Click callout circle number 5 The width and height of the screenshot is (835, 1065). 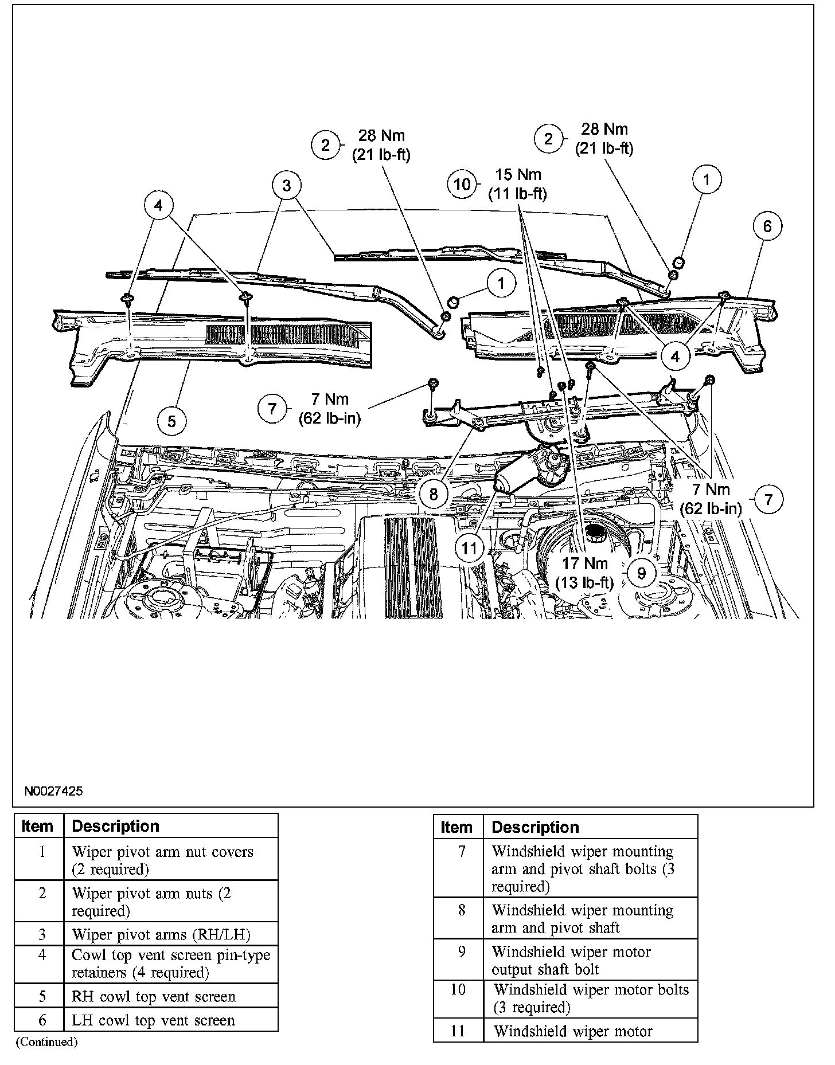click(x=171, y=421)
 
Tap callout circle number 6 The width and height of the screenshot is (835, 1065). click(x=767, y=226)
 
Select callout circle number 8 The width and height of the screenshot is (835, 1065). click(x=434, y=493)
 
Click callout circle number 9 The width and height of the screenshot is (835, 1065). click(x=642, y=573)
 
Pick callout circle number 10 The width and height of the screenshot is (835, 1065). click(x=462, y=184)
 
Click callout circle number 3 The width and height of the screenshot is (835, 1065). click(x=287, y=185)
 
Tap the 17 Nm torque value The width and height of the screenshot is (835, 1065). click(x=584, y=564)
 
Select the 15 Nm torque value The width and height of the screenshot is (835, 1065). click(x=518, y=175)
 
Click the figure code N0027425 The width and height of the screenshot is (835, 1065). click(x=53, y=791)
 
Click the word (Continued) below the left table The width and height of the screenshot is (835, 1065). click(x=46, y=1041)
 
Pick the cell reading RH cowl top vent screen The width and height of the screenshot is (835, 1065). click(x=154, y=996)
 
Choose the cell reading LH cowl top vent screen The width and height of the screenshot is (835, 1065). click(x=153, y=1020)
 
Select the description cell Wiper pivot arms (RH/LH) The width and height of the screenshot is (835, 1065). click(x=161, y=934)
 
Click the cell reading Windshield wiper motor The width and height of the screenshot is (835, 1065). click(x=573, y=1032)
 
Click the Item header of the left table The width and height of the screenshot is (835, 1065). click(x=38, y=826)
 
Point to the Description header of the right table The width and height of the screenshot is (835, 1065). click(x=535, y=827)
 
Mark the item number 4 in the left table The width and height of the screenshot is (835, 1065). click(x=42, y=955)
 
